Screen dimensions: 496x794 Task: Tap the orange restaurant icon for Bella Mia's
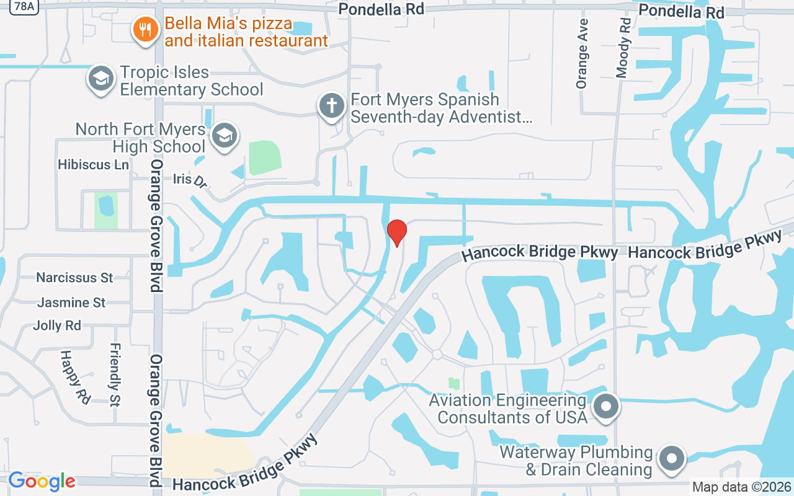(145, 29)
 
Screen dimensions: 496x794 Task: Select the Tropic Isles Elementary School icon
(100, 79)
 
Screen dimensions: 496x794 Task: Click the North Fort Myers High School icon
(224, 136)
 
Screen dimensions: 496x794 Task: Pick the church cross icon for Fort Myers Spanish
(332, 105)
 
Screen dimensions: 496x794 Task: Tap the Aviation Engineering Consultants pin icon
(606, 407)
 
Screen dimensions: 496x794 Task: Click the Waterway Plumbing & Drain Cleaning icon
(671, 460)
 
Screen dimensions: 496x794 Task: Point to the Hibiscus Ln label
(93, 165)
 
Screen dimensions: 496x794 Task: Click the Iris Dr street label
(190, 180)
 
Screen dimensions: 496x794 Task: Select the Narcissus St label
(74, 277)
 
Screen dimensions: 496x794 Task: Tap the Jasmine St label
(71, 303)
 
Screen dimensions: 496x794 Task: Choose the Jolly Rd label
(57, 325)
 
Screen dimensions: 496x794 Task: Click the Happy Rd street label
(74, 376)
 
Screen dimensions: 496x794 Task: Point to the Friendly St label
(115, 374)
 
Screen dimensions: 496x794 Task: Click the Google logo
(42, 481)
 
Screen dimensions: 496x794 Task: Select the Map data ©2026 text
(742, 487)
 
